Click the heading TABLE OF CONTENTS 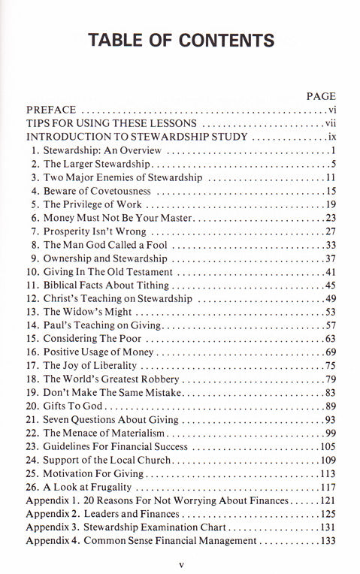tap(180, 40)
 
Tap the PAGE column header tap(322, 96)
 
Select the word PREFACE tap(50, 110)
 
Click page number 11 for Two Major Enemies tap(329, 177)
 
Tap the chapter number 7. tap(34, 231)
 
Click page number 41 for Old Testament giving tap(329, 272)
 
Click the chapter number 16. tap(32, 353)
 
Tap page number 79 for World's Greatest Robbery tap(329, 379)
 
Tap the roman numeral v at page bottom tap(180, 561)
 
